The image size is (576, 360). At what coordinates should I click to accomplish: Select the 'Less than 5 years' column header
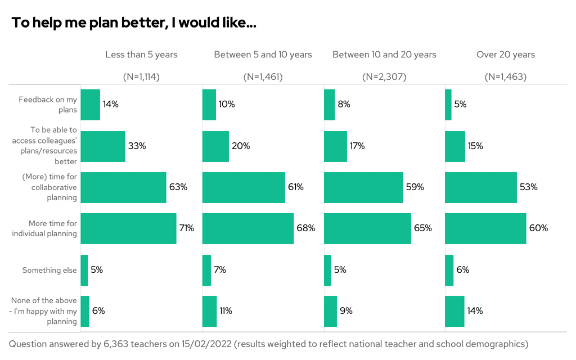[x=141, y=55]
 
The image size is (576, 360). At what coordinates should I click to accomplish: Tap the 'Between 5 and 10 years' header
[x=263, y=55]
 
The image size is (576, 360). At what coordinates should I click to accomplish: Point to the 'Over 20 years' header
[x=506, y=55]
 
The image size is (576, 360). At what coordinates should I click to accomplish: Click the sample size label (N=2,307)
[x=384, y=77]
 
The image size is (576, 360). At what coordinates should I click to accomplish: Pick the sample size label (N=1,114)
[x=141, y=77]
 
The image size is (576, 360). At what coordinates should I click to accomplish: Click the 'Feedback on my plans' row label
[x=48, y=105]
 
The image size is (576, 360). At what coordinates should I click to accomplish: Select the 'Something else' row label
[x=49, y=270]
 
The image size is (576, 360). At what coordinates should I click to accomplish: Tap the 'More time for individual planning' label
[x=44, y=228]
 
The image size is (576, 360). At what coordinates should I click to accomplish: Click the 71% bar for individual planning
[x=128, y=228]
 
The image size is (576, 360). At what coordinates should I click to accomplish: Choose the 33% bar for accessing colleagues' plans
[x=103, y=146]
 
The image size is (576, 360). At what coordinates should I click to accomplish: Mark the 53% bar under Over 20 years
[x=480, y=187]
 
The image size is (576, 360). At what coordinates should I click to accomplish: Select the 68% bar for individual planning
[x=247, y=228]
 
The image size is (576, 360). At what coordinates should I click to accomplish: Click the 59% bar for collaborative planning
[x=363, y=187]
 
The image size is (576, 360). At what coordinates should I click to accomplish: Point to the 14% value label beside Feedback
[x=110, y=104]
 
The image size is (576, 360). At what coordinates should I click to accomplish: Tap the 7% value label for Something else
[x=219, y=270]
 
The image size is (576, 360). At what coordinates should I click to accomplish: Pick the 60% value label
[x=538, y=228]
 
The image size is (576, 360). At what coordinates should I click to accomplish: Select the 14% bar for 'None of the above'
[x=454, y=311]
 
